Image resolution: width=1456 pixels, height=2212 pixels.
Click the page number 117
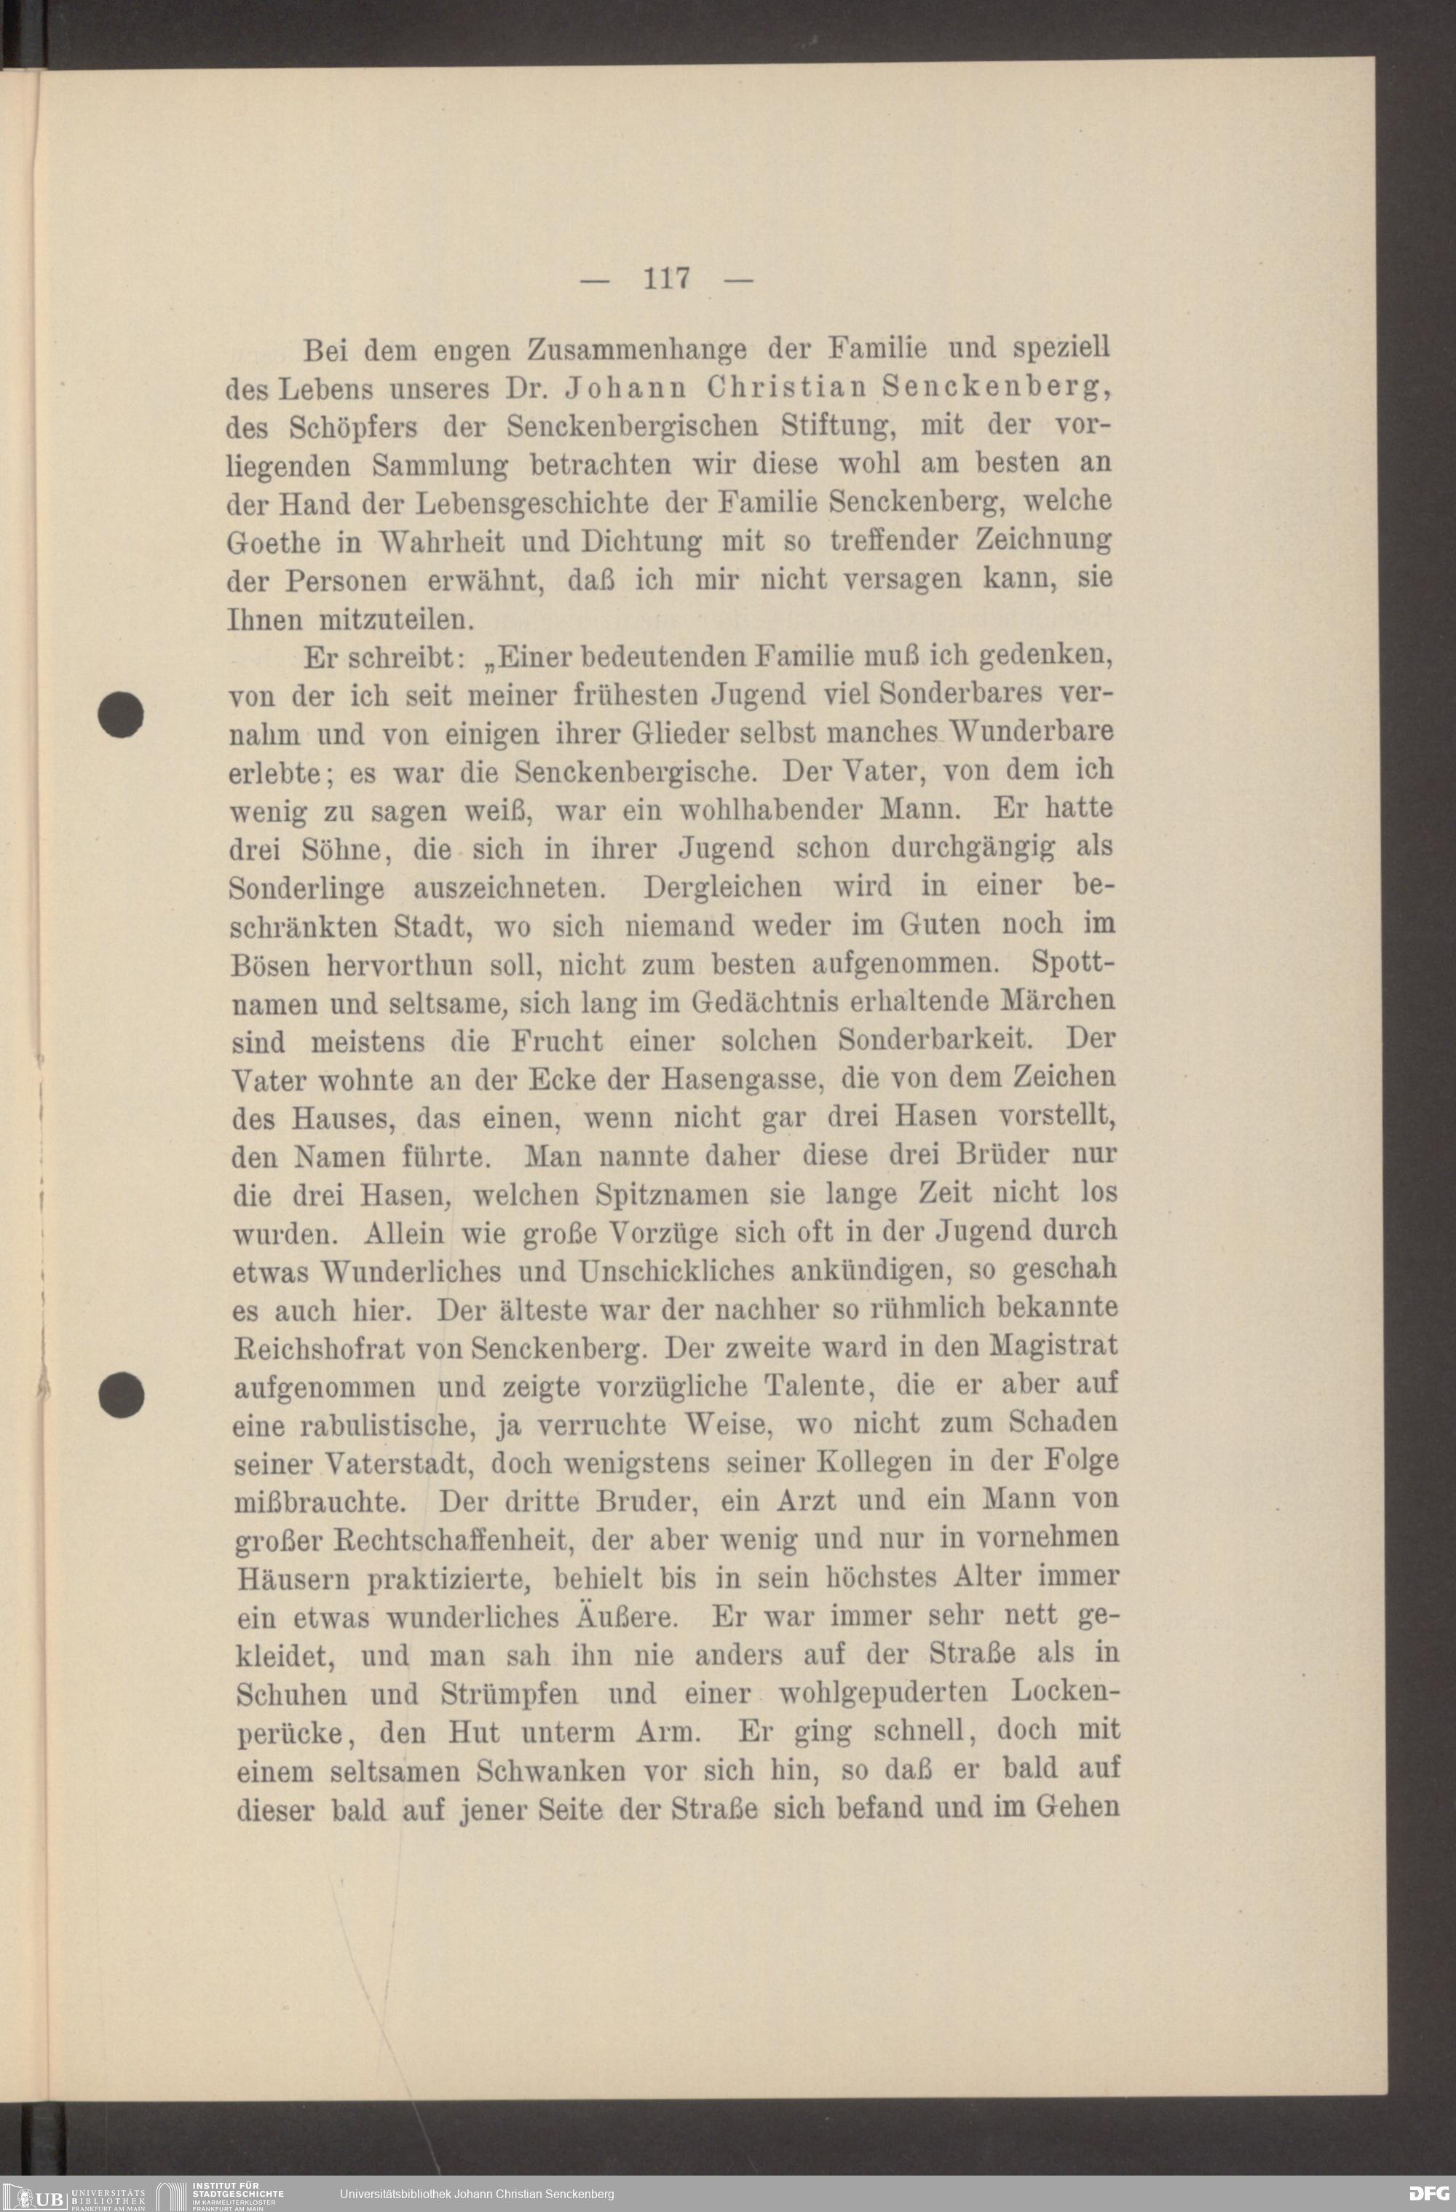pos(666,278)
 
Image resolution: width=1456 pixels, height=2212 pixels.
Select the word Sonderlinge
pos(306,888)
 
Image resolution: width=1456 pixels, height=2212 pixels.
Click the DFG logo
pos(1428,2193)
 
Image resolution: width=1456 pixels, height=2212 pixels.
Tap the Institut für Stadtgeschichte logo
pos(223,2193)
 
